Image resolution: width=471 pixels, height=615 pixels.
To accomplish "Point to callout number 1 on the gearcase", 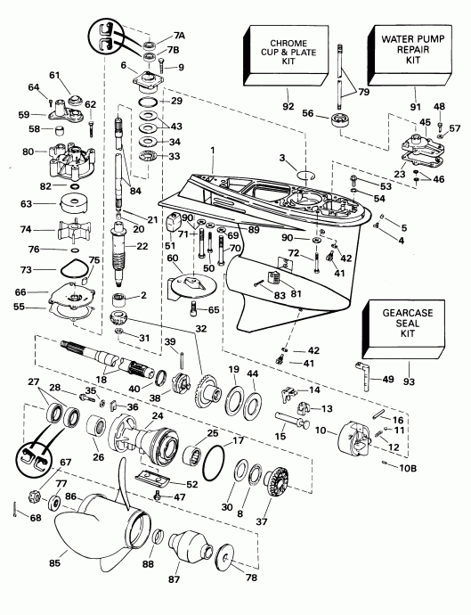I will click(212, 152).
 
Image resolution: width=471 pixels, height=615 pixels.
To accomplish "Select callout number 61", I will click(53, 75).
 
